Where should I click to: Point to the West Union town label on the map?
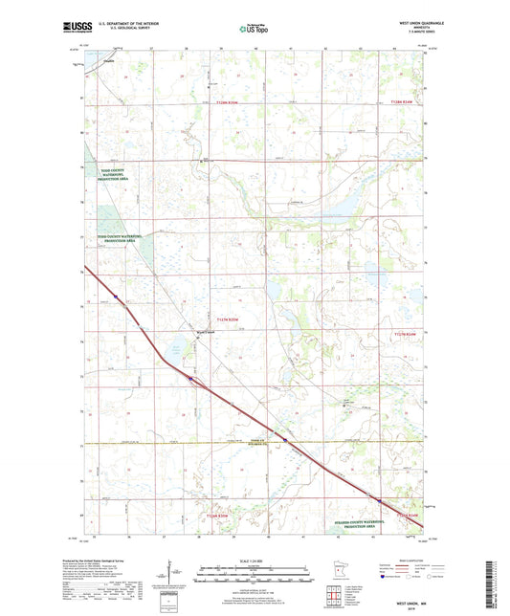[208, 332]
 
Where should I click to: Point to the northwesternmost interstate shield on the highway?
[115, 297]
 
